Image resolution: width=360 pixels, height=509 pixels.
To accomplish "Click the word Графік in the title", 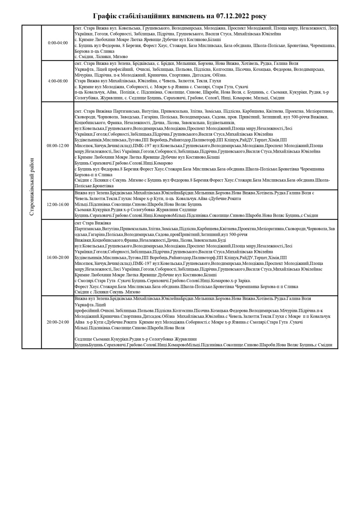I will [105, 16].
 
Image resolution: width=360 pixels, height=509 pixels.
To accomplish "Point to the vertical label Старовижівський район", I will [32, 187].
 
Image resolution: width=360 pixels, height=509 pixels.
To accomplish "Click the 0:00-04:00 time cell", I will [58, 43].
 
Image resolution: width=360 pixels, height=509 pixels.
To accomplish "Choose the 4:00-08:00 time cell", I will [58, 81].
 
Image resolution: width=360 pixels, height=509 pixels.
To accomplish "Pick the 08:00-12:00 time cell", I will [58, 146].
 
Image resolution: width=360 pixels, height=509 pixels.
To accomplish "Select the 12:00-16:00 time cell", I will [58, 204].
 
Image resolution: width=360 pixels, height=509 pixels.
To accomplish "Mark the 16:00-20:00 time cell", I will [58, 257].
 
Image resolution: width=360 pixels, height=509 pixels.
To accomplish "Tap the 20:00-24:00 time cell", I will [58, 322].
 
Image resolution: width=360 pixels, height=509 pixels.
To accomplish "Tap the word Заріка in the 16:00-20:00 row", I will [244, 281].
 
